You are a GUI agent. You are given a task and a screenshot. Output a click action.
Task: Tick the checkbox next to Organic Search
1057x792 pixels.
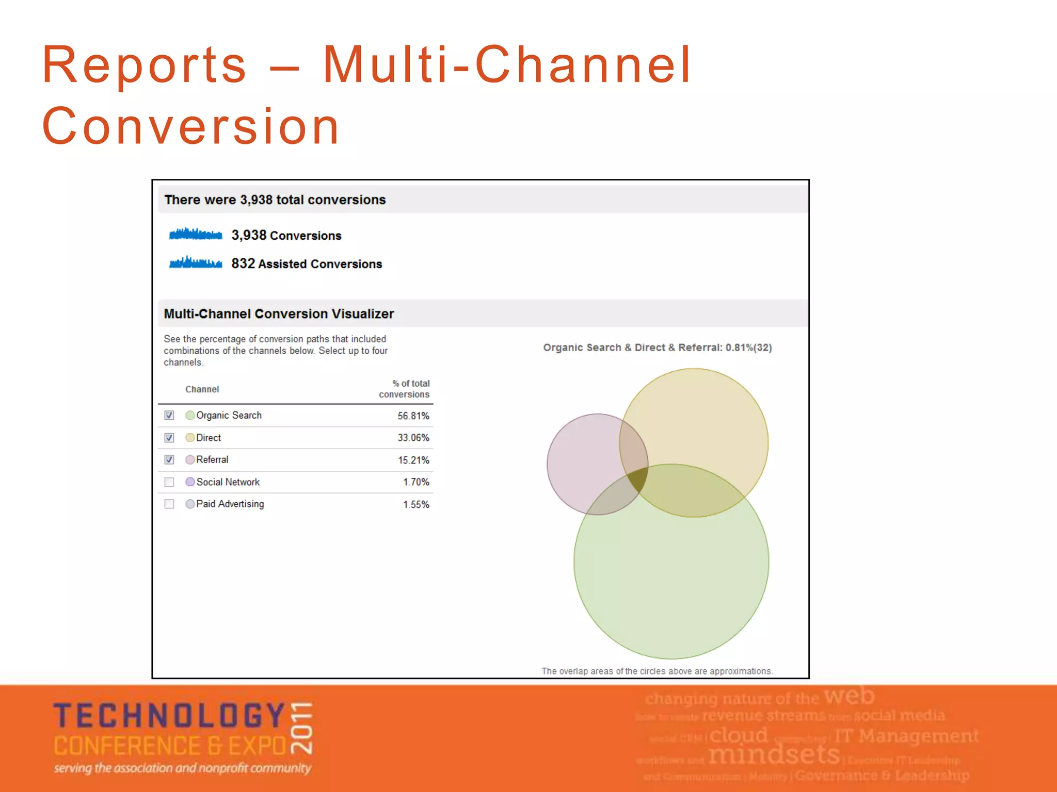169,416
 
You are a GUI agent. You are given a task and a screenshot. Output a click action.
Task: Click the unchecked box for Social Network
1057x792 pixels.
169,482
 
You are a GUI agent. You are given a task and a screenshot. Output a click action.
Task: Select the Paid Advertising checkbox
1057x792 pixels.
169,504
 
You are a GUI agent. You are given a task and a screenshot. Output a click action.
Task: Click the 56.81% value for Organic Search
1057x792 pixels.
413,416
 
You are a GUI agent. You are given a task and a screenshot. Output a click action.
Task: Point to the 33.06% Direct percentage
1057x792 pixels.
413,438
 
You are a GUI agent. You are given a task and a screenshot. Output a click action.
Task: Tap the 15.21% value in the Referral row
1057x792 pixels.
413,460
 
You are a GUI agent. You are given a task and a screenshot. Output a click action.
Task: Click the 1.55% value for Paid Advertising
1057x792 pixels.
416,505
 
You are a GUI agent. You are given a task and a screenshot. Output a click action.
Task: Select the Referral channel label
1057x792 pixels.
212,459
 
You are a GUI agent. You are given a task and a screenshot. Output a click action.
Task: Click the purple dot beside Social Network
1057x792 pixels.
190,482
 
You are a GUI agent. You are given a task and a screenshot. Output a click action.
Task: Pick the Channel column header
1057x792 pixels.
202,389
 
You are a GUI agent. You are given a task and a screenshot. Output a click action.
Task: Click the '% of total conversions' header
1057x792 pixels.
405,389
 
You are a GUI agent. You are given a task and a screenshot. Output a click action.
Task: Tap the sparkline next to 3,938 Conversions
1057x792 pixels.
196,235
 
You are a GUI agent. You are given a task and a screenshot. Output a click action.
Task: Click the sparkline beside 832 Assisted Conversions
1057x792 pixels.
196,263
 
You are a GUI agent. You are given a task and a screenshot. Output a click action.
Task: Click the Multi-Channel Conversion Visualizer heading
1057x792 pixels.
279,313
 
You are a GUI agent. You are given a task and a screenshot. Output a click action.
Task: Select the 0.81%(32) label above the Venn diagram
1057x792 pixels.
748,348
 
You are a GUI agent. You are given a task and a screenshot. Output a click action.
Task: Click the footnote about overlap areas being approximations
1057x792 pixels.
656,671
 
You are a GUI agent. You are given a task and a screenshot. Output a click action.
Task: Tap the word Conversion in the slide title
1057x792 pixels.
191,126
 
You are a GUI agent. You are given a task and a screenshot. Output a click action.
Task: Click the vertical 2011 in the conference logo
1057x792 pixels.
302,728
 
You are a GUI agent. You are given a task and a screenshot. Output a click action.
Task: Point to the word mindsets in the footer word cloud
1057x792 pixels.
774,754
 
